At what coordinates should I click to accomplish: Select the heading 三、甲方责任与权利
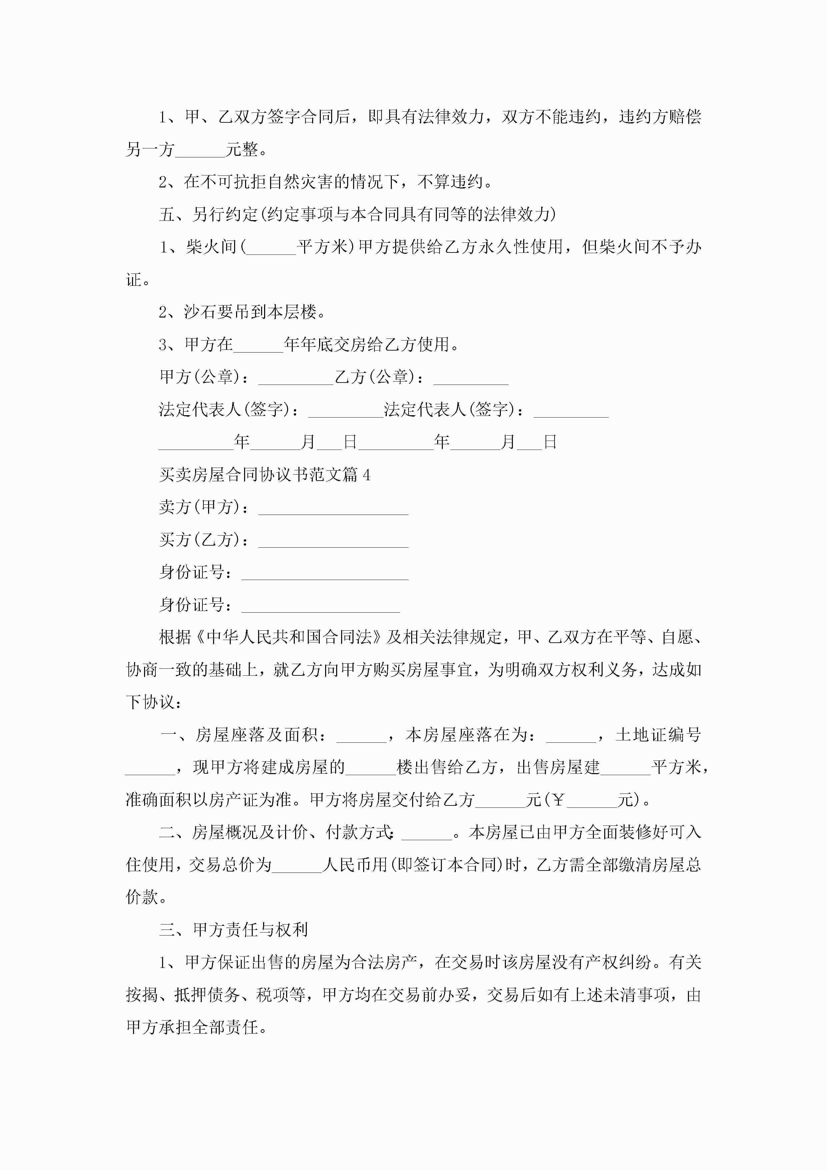(233, 930)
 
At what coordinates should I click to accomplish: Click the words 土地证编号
(658, 735)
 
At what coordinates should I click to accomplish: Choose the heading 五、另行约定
(208, 214)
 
